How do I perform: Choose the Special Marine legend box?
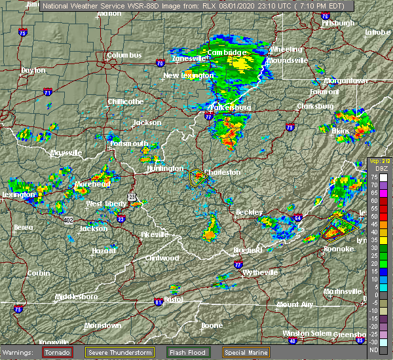248,352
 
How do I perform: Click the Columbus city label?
124,56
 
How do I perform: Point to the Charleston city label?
223,173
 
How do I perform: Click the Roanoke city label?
339,249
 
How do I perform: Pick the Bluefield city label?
247,251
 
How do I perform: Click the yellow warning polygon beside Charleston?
197,176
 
